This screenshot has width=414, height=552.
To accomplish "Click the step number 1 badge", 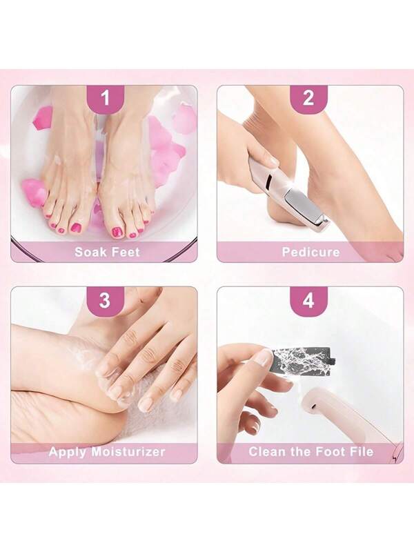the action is [106, 99].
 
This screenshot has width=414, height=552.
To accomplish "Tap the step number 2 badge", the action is [308, 99].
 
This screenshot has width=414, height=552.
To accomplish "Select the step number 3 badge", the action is [106, 302].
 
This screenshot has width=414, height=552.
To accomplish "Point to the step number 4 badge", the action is [308, 302].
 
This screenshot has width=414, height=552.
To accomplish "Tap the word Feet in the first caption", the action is [126, 252].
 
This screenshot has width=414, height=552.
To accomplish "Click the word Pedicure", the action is [311, 252].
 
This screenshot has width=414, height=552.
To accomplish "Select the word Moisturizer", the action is [128, 452].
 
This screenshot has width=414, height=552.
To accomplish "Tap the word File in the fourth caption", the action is [360, 452].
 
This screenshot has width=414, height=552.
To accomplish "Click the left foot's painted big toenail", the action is [77, 228].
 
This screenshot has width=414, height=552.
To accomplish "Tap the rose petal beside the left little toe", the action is [33, 192].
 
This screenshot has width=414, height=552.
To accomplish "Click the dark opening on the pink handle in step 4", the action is [312, 407].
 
